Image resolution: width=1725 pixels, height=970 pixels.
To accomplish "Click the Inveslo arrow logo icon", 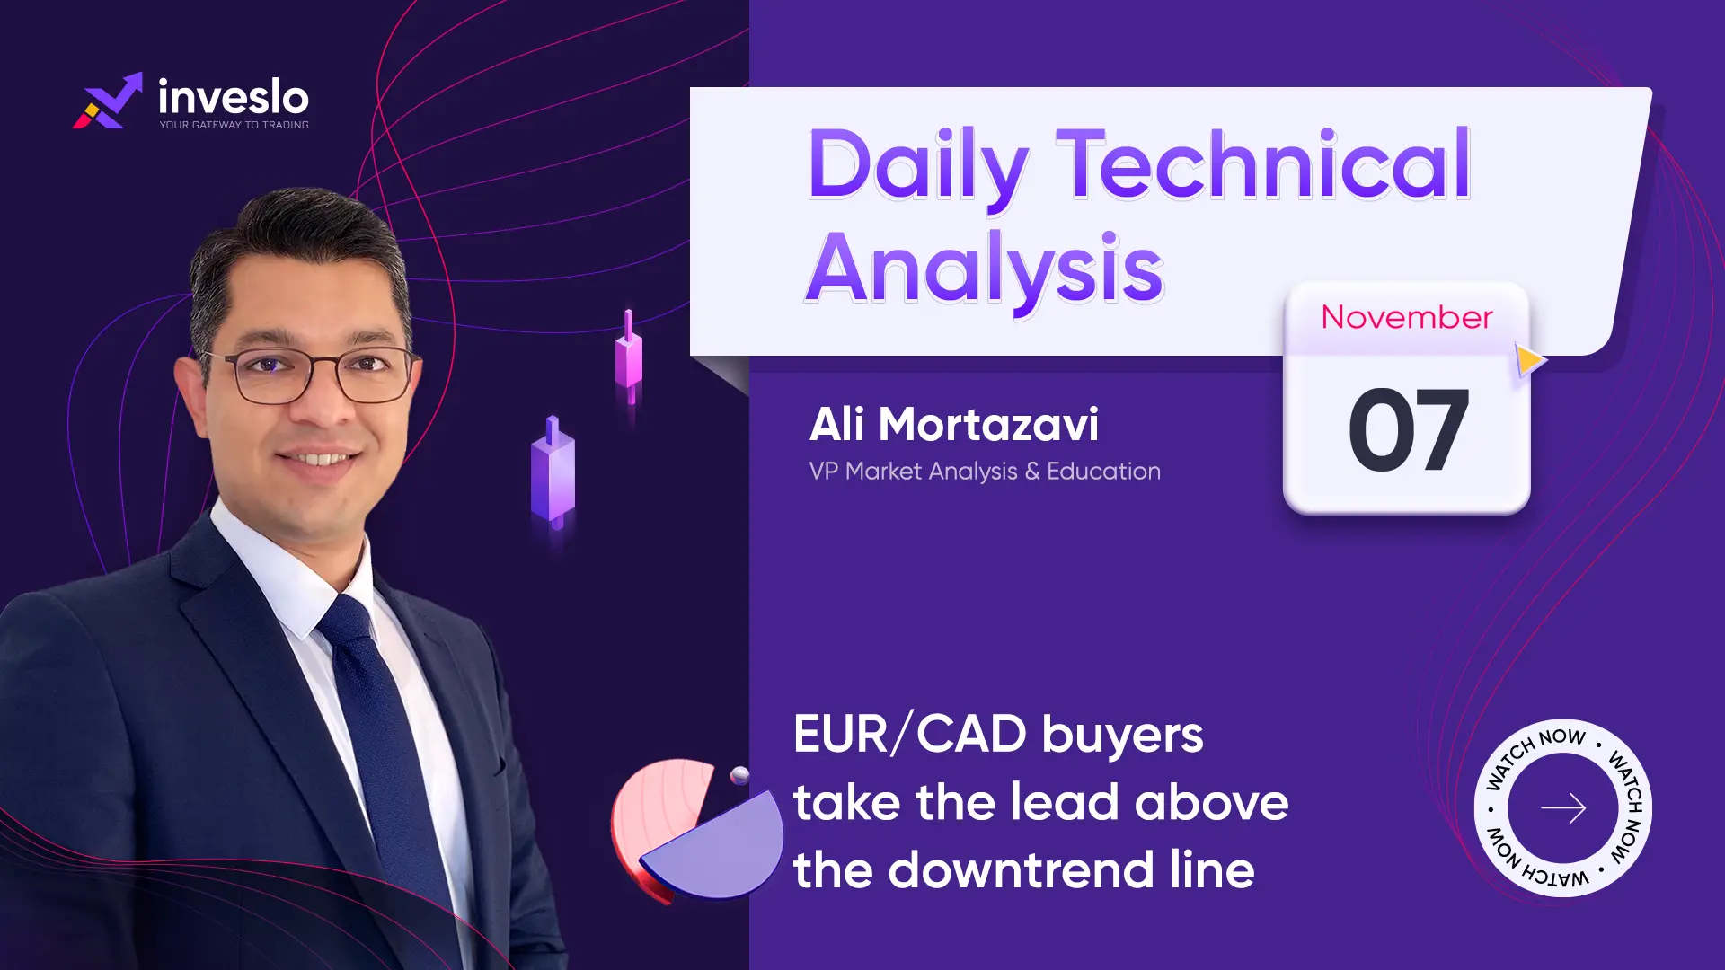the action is [108, 101].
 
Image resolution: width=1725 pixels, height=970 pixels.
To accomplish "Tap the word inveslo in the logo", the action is [234, 96].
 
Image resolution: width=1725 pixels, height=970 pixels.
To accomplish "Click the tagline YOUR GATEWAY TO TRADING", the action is [234, 125].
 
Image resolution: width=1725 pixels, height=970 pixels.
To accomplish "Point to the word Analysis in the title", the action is [985, 269].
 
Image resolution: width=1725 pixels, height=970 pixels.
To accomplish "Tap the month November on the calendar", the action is [1407, 317].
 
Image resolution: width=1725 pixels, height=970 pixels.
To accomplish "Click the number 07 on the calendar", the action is [1409, 429].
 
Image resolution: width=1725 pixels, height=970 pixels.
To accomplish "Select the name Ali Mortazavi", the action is [953, 424].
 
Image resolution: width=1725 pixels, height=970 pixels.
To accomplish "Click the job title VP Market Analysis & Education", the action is [985, 471].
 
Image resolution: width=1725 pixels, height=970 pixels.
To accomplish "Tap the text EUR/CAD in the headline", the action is [910, 734].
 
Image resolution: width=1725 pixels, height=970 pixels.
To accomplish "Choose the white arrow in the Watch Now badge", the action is [1563, 808].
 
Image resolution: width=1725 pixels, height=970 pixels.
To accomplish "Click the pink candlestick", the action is [629, 357].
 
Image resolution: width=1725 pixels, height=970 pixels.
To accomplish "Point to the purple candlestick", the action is [553, 471].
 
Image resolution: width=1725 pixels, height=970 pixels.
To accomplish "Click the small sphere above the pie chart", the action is [740, 776].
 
